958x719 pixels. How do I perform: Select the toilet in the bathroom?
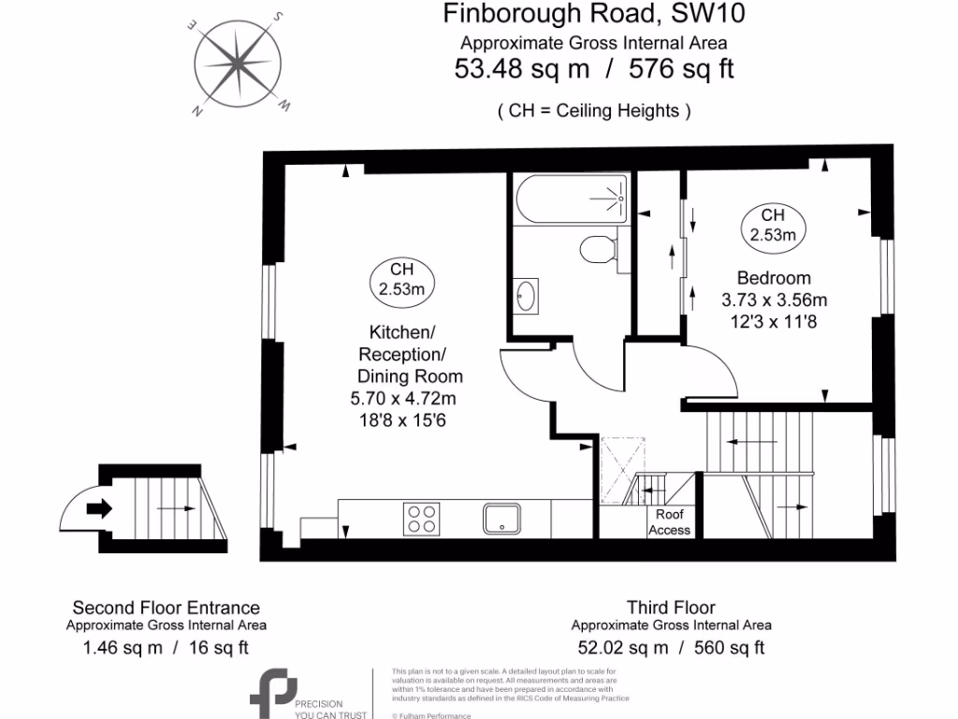(x=596, y=250)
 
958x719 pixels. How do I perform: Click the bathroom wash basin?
(x=527, y=295)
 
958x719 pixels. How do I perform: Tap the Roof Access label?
(x=669, y=522)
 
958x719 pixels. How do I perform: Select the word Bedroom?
(x=774, y=278)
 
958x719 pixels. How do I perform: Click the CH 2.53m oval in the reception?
(x=401, y=279)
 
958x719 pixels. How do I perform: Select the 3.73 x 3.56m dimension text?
(x=774, y=301)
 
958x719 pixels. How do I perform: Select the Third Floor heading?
(x=671, y=608)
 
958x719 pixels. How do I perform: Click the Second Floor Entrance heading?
(x=167, y=608)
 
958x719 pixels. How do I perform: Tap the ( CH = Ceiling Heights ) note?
(x=593, y=110)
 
